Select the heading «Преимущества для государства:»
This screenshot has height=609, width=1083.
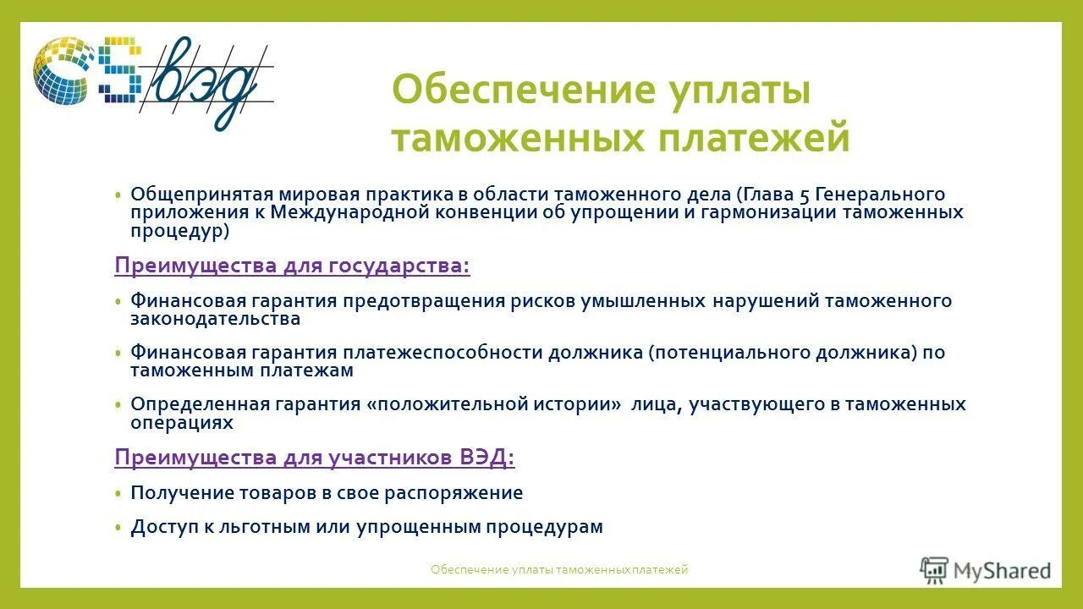[292, 266]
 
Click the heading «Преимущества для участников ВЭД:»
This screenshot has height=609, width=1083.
[314, 458]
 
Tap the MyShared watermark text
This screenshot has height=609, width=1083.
[1003, 571]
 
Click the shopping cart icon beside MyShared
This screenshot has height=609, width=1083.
[934, 571]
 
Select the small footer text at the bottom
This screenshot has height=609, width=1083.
[559, 570]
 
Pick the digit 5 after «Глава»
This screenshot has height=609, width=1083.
[805, 195]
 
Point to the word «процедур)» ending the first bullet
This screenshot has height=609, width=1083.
[179, 229]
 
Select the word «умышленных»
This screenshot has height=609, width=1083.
[643, 301]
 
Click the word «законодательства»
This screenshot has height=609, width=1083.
[215, 319]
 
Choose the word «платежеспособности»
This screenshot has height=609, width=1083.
[443, 353]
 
